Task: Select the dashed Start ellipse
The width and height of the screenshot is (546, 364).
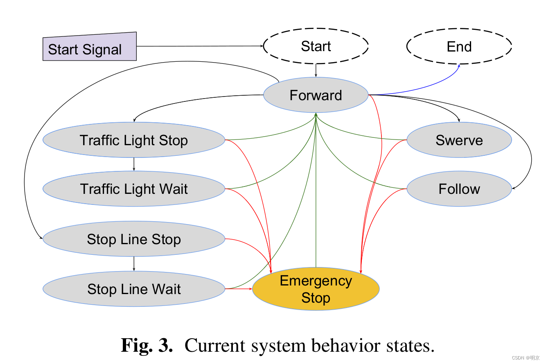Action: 316,46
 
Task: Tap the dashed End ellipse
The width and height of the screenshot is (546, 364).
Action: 459,47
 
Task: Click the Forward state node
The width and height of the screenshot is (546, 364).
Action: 316,95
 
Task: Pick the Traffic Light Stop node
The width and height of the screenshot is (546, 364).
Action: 134,140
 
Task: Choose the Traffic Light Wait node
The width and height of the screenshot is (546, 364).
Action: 134,189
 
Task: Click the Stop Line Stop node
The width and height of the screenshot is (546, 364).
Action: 134,239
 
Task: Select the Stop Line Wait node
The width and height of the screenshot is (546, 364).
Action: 134,289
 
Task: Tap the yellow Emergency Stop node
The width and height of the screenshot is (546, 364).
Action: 316,289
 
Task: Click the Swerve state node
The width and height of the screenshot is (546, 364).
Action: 459,140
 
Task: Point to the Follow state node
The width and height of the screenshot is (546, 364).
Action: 459,189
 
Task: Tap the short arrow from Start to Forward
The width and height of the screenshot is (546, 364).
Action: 316,70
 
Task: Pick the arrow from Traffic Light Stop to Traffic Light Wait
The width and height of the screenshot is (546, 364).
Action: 134,164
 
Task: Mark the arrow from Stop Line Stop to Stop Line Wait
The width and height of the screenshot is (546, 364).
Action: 134,264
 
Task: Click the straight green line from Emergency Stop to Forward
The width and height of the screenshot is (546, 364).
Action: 316,204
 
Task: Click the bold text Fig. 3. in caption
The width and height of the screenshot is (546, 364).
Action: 147,346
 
